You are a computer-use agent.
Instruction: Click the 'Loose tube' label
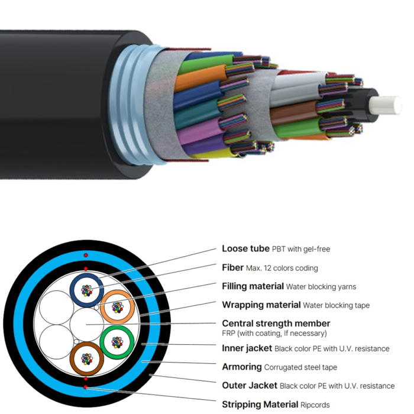tap(245, 249)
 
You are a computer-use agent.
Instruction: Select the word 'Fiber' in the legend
tap(232, 268)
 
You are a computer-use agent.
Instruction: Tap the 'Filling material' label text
tap(253, 286)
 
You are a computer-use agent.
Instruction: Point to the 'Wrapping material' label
tap(261, 305)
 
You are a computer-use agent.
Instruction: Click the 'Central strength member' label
tap(276, 324)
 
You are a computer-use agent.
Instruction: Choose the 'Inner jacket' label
tap(247, 348)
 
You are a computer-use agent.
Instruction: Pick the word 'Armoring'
tap(242, 367)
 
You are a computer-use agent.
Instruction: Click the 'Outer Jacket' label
tap(250, 386)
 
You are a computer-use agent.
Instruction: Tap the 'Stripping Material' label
tap(260, 404)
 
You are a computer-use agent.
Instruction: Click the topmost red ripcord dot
tap(86, 255)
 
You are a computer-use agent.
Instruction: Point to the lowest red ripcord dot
tap(85, 387)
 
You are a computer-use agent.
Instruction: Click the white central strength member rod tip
tap(386, 106)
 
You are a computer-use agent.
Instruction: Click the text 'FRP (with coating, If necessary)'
tap(274, 333)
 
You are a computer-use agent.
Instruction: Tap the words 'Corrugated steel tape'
tap(300, 367)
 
